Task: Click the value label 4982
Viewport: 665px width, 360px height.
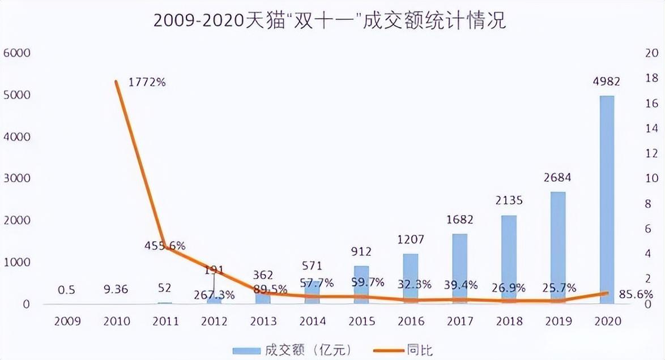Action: click(x=606, y=82)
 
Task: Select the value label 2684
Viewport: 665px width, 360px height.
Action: click(x=557, y=178)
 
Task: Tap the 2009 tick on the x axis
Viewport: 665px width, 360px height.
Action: click(x=67, y=322)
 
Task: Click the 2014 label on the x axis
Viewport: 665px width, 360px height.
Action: click(x=313, y=322)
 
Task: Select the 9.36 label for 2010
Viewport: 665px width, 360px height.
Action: click(x=116, y=289)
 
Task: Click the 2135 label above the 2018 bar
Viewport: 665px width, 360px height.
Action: click(x=508, y=201)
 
